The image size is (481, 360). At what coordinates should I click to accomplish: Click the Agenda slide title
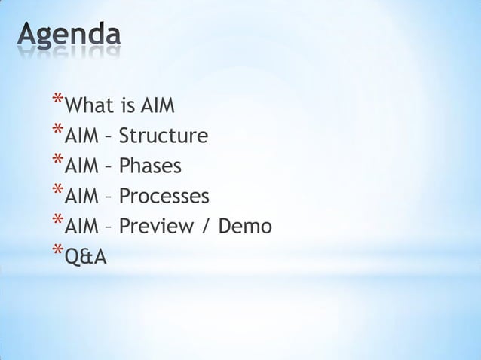coord(69,36)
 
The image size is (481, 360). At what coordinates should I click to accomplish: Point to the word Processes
coord(164,197)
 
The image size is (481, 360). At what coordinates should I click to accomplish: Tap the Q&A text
coord(86,258)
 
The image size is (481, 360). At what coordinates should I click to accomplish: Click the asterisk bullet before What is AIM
coord(58,101)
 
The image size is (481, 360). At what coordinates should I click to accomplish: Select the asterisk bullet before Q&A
coord(58,251)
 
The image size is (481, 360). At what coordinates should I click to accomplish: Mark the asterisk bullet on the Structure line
coord(58,131)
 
